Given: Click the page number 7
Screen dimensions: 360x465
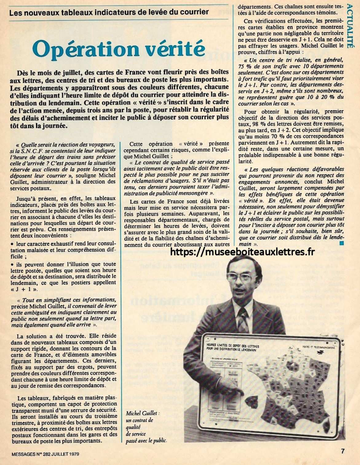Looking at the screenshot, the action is coord(342,451).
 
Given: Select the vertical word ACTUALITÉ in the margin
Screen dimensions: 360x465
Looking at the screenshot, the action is coord(350,26).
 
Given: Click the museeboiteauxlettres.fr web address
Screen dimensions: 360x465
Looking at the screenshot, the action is coord(242,252).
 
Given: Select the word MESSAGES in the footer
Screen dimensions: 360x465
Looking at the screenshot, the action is coord(22,453).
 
